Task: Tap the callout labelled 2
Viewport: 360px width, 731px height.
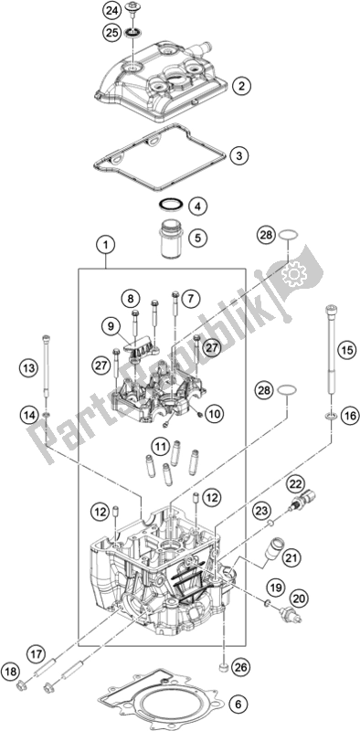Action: pyautogui.click(x=241, y=86)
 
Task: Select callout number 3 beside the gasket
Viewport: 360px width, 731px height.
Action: pyautogui.click(x=237, y=156)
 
